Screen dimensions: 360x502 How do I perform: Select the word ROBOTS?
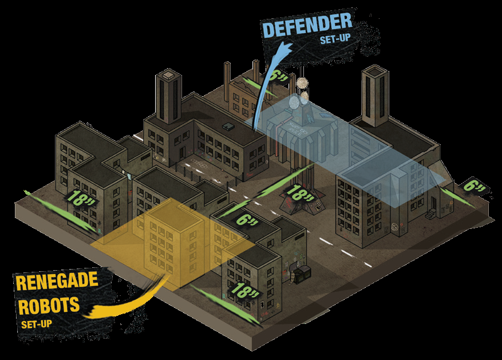click(x=49, y=304)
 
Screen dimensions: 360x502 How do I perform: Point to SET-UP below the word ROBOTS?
click(x=37, y=325)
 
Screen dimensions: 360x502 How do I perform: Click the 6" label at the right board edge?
click(x=475, y=186)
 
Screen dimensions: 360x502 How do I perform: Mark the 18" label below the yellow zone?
click(x=244, y=290)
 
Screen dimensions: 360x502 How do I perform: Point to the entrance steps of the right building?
click(x=430, y=215)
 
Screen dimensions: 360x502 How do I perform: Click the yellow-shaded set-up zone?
click(x=172, y=240)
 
